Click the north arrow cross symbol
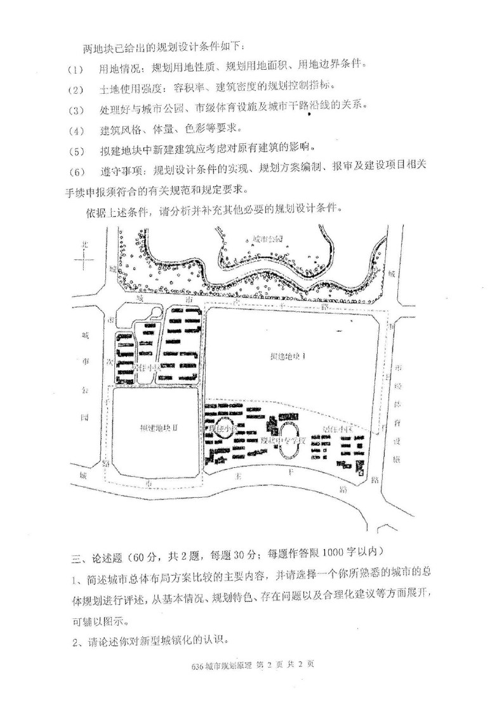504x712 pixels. (83, 260)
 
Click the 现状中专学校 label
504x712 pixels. (284, 439)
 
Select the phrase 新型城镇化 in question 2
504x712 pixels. (169, 640)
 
